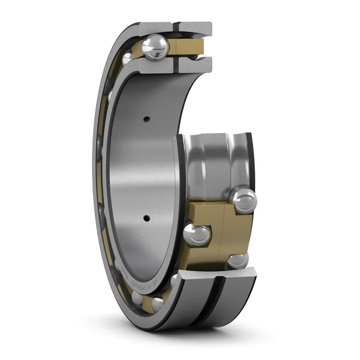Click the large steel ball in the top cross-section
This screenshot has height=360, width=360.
tap(155, 46)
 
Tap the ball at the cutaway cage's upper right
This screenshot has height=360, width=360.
tap(244, 199)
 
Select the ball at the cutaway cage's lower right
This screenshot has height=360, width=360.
tap(238, 260)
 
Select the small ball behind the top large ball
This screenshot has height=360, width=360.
tap(128, 58)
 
